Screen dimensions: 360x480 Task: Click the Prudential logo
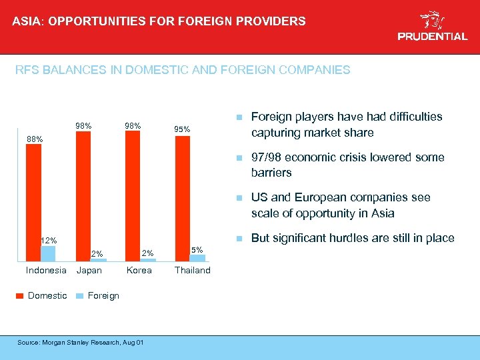pos(432,26)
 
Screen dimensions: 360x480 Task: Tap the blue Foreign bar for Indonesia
pos(48,253)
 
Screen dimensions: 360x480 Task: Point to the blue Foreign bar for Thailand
pos(197,257)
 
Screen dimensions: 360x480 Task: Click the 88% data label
pos(35,139)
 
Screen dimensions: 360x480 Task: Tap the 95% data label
pos(182,129)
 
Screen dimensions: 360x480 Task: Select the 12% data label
pos(49,240)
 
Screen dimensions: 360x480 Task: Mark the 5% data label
pos(197,249)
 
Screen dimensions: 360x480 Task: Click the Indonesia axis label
pos(46,270)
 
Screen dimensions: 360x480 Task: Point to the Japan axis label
pos(89,270)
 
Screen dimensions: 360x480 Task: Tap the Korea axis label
pos(139,270)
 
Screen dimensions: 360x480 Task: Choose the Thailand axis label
pos(192,270)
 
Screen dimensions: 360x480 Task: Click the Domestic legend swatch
pos(19,295)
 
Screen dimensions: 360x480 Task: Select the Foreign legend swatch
pos(79,295)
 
